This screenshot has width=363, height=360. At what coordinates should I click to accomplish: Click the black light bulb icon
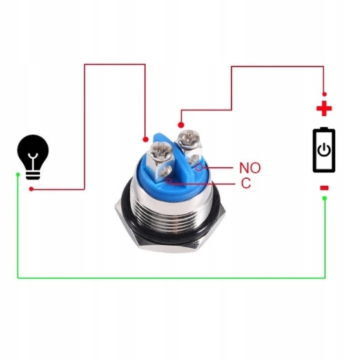33,157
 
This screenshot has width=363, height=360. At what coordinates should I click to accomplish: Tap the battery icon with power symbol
324,150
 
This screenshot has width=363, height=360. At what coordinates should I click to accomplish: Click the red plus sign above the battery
324,108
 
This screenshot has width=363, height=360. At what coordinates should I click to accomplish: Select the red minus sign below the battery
324,188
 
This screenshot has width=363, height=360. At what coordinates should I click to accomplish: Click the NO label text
250,168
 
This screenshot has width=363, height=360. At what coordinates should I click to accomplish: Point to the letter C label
246,183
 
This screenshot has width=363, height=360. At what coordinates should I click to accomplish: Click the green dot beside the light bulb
18,174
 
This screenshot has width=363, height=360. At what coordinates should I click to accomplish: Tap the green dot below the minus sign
324,198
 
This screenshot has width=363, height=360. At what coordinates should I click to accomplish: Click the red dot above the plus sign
324,94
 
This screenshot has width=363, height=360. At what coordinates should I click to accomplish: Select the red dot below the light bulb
32,189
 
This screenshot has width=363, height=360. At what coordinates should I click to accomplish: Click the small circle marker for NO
199,167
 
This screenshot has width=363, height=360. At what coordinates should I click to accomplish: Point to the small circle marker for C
170,181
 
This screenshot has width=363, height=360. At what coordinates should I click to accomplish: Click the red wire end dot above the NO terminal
181,125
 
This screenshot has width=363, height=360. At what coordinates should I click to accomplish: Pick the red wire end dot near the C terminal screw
146,139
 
